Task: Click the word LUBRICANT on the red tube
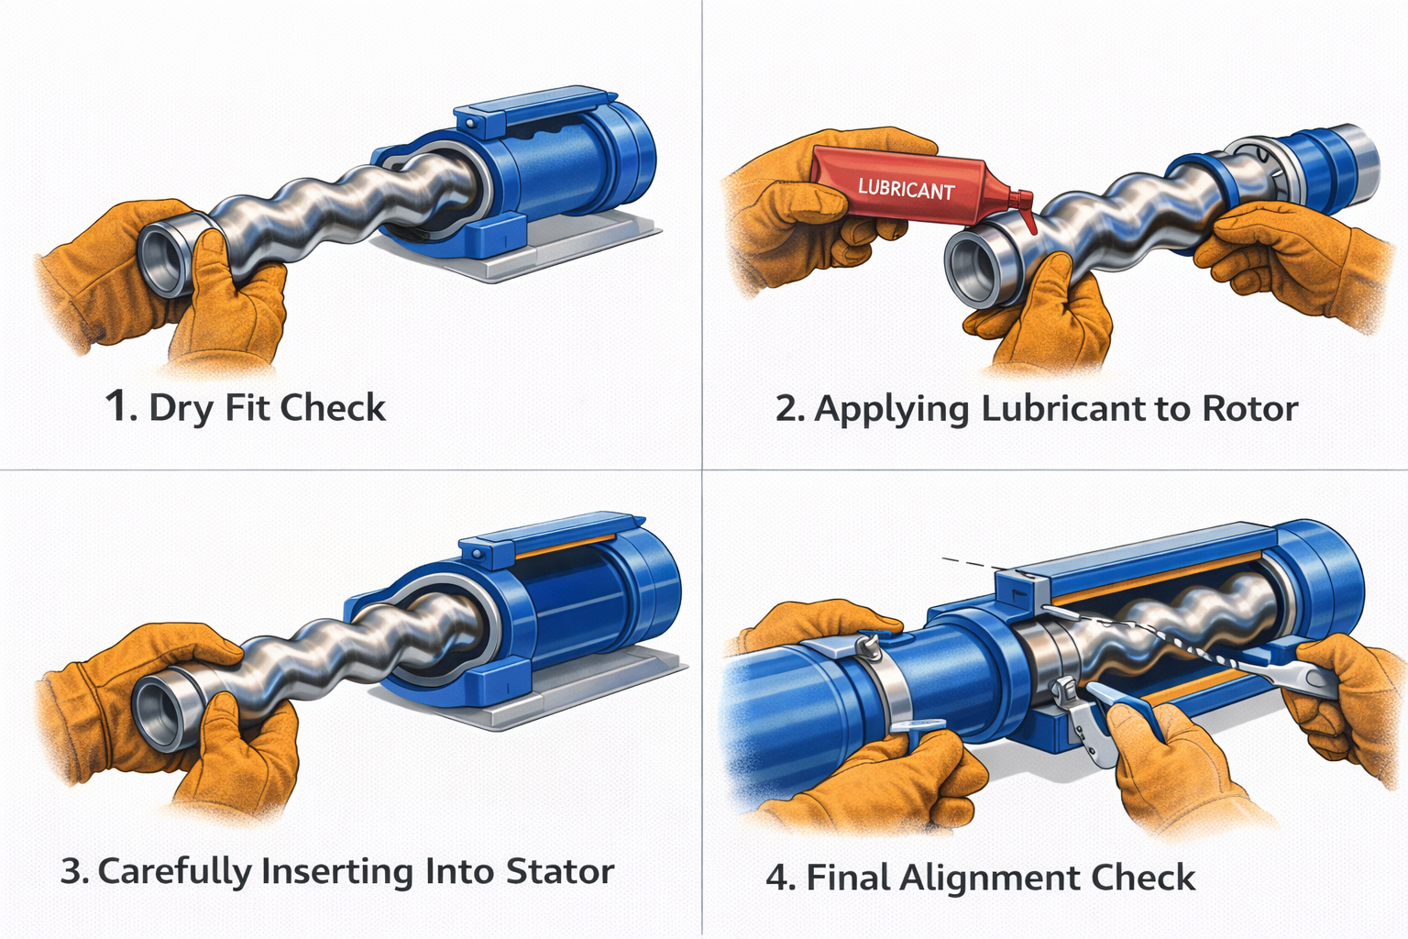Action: [x=906, y=188]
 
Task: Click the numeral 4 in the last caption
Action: [x=778, y=878]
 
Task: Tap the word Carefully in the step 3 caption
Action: [x=175, y=873]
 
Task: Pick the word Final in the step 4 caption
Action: [x=848, y=878]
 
